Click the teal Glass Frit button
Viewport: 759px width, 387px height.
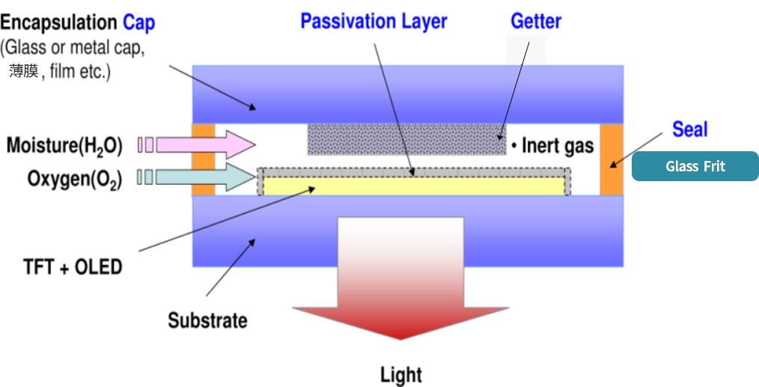695,166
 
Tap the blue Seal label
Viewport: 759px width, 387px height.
689,129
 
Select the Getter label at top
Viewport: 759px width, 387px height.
535,22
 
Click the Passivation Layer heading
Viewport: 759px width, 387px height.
374,21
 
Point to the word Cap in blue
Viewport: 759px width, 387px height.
138,22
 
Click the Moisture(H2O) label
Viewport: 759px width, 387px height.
64,144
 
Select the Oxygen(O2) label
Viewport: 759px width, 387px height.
64,178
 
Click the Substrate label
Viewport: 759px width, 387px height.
207,321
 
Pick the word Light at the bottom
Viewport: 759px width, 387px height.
401,374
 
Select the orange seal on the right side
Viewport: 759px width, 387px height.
612,159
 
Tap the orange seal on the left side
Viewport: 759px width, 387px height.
203,159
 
